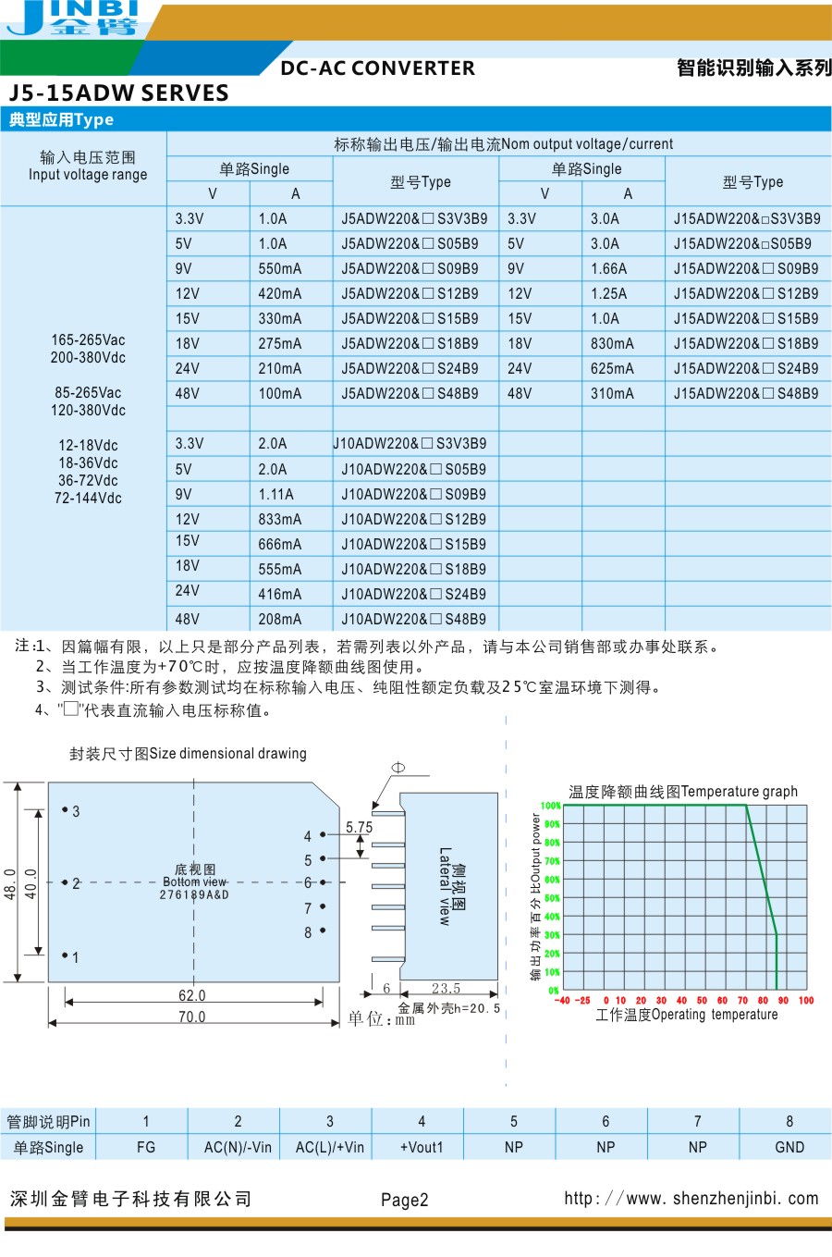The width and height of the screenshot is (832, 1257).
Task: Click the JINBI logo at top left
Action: tap(74, 18)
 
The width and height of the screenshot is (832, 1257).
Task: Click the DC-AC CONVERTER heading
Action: tap(377, 68)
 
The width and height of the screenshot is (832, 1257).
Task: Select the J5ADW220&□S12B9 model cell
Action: tap(410, 294)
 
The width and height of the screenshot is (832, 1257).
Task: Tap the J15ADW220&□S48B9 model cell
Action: tap(746, 394)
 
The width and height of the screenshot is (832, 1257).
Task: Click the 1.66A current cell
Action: tap(608, 269)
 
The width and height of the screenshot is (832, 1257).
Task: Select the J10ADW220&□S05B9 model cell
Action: tap(413, 470)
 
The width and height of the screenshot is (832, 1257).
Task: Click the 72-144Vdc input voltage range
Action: tap(88, 499)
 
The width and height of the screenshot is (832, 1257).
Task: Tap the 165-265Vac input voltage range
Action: tap(88, 340)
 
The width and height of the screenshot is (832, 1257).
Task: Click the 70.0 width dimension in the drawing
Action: tap(192, 1017)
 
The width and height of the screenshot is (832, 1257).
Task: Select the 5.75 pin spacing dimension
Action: tap(359, 828)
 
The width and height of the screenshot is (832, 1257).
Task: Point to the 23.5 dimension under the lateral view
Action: tap(446, 989)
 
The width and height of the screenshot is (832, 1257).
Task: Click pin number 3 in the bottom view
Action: tap(75, 812)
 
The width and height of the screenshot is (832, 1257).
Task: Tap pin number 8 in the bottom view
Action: tap(308, 933)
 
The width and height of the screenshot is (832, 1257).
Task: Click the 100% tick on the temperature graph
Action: tap(551, 806)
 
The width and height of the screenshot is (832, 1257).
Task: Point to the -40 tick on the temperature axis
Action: tap(562, 1001)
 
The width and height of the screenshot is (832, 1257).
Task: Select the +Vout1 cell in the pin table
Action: tap(422, 1148)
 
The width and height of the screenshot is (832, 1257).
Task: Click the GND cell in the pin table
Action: tap(789, 1148)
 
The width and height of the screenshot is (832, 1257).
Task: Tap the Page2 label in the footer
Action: tap(405, 1201)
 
